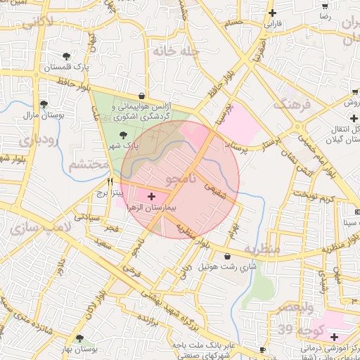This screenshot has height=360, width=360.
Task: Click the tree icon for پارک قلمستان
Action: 67,56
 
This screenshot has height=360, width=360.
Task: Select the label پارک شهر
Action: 121,145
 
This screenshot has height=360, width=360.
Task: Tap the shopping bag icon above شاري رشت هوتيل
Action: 226,257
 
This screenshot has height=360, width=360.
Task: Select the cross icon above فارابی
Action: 272,13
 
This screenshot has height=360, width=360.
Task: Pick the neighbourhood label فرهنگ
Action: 295,105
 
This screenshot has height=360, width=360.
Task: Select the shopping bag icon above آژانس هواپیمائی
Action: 143,96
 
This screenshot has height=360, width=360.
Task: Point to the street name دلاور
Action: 61,266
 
